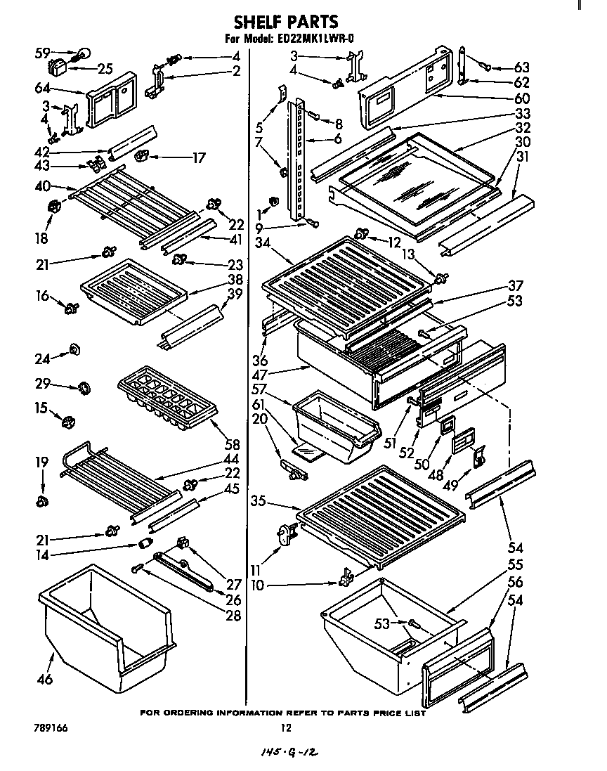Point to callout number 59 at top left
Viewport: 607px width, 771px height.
pyautogui.click(x=43, y=52)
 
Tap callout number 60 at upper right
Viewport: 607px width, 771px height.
pyautogui.click(x=521, y=98)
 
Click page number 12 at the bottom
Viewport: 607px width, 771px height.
pyautogui.click(x=285, y=729)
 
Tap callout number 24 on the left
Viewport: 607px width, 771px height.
pyautogui.click(x=43, y=358)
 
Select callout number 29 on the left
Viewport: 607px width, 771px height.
pyautogui.click(x=43, y=384)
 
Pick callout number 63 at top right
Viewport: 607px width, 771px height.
pyautogui.click(x=521, y=67)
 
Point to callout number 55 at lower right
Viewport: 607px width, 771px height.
pyautogui.click(x=516, y=564)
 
